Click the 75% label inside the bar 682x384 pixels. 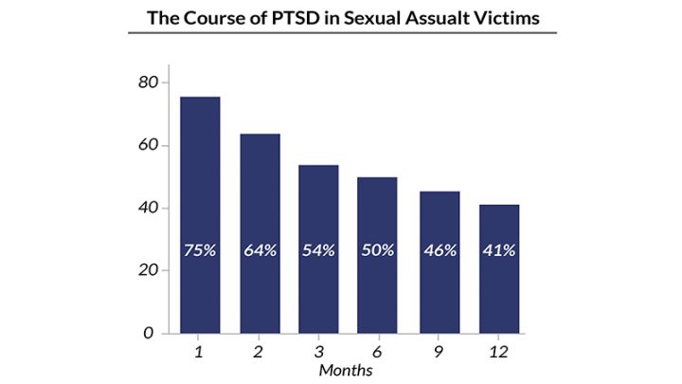tap(200, 251)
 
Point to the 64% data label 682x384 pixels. tap(260, 251)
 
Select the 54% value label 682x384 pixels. tap(319, 251)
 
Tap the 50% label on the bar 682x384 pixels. tap(377, 251)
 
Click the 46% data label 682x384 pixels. tap(439, 251)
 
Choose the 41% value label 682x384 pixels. tap(498, 251)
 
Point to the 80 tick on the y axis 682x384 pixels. tap(147, 82)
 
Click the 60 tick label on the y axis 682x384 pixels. tap(147, 145)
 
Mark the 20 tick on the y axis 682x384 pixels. tap(147, 270)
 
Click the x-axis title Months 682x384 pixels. tap(347, 370)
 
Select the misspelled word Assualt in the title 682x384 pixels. tap(434, 17)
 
